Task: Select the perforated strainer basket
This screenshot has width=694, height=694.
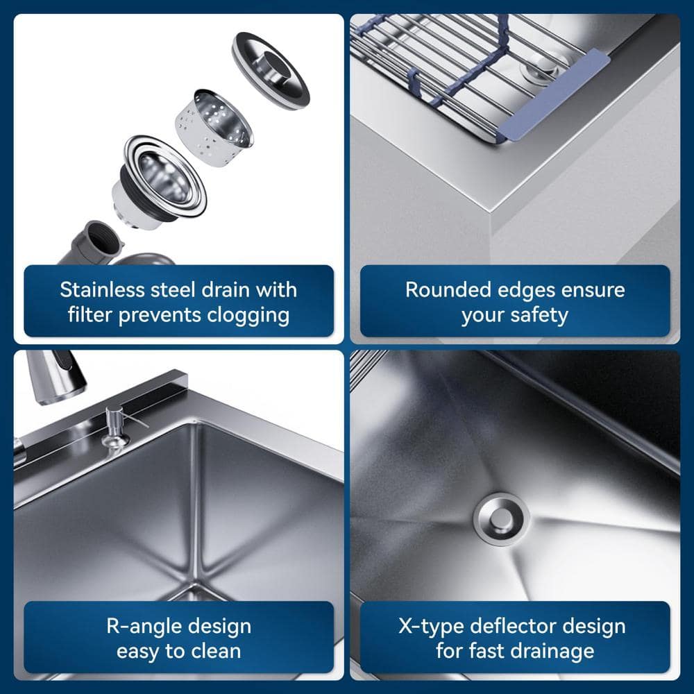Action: [x=214, y=128]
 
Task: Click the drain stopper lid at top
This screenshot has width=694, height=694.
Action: [x=271, y=70]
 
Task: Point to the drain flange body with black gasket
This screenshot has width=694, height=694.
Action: [x=159, y=182]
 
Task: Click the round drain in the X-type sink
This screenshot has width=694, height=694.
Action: [x=501, y=519]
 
